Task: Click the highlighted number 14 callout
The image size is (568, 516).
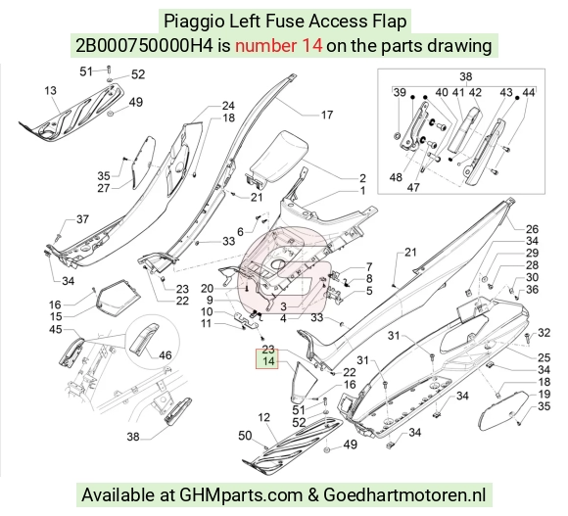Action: [267, 361]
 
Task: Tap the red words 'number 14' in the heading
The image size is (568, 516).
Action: [278, 46]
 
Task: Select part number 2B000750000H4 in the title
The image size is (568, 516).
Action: [144, 46]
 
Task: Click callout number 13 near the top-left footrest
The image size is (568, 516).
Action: [50, 90]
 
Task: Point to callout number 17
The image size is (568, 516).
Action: [327, 115]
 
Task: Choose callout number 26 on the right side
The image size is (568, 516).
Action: [532, 229]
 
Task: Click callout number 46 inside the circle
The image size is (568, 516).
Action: [166, 355]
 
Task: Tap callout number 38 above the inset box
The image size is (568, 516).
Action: [465, 76]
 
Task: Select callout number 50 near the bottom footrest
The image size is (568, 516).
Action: [245, 436]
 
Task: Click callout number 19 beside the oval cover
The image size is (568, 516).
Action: [544, 394]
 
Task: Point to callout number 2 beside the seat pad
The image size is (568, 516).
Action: [362, 178]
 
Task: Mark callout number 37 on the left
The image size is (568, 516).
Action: [82, 219]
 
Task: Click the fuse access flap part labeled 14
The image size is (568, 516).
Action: [304, 382]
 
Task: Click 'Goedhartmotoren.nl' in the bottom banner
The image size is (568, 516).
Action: [404, 494]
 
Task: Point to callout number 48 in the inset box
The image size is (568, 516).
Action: [396, 177]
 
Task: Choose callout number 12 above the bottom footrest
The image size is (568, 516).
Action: [264, 417]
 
